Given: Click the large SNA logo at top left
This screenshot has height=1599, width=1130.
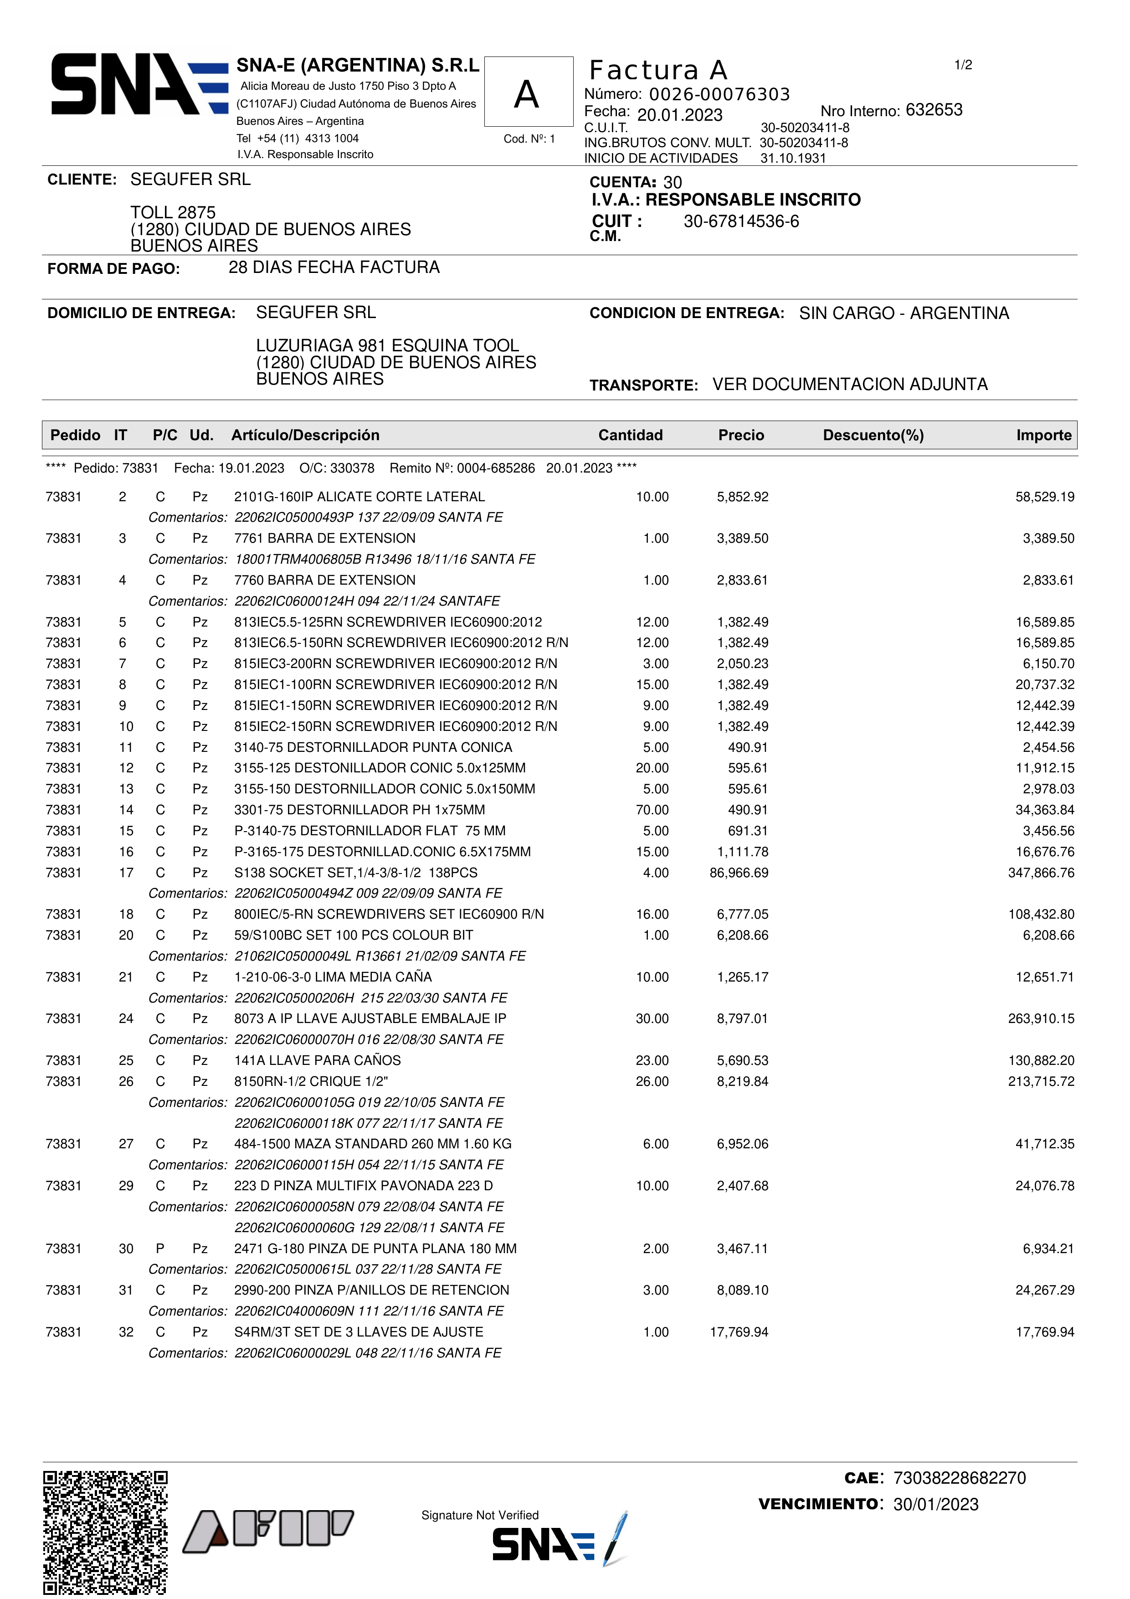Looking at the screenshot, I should (x=139, y=84).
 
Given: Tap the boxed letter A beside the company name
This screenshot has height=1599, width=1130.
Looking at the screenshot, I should (x=528, y=93).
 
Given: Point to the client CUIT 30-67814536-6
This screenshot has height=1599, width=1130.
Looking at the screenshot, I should (x=741, y=221).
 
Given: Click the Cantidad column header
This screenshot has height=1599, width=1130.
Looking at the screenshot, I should (x=630, y=435).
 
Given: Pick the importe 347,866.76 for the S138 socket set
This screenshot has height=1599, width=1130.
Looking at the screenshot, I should (x=1041, y=873).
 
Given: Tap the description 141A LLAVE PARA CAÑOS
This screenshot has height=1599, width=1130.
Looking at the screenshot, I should (x=318, y=1061).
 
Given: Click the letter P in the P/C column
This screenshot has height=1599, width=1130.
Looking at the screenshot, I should (x=160, y=1249).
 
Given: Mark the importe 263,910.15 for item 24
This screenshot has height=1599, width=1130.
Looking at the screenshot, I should (x=1041, y=1019).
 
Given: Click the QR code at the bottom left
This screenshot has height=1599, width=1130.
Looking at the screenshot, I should (x=105, y=1532).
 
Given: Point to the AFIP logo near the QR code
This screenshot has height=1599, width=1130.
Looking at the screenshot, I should (x=268, y=1532).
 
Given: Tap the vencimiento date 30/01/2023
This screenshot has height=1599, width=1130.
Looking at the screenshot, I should (x=936, y=1504).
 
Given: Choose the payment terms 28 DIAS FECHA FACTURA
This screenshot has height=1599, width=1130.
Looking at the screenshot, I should (x=334, y=267).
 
